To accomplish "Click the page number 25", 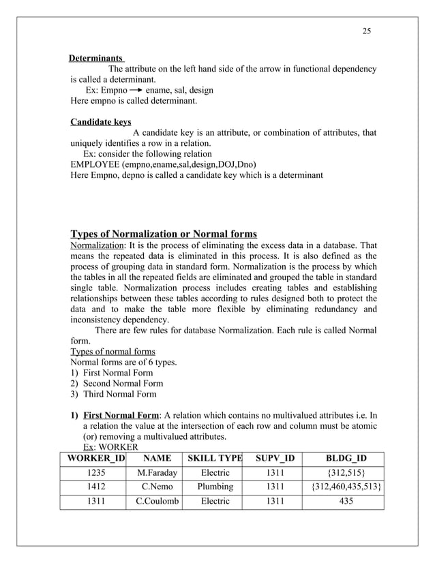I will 366,31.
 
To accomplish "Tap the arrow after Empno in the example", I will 136,90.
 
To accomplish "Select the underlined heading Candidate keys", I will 101,122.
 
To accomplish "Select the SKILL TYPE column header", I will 215,458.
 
